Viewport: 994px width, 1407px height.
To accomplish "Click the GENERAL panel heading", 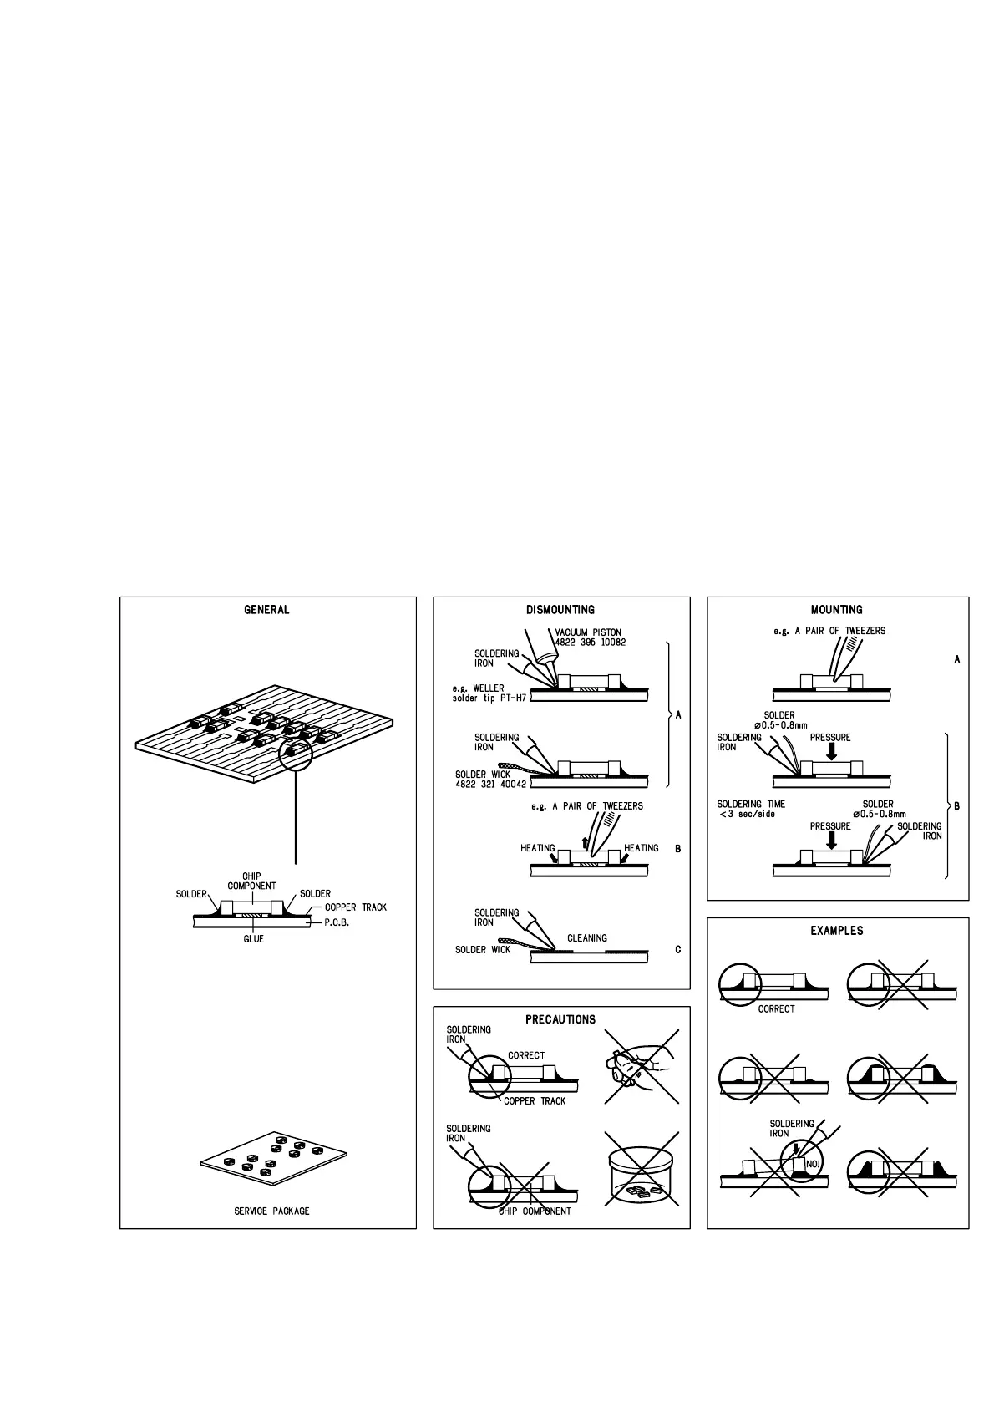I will coord(266,610).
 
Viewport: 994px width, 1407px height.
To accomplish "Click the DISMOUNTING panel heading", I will coord(560,610).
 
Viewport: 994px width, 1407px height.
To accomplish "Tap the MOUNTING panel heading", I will coord(836,610).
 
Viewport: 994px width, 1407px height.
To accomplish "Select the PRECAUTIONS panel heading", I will coord(560,1019).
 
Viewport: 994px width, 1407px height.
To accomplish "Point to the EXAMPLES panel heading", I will coord(836,931).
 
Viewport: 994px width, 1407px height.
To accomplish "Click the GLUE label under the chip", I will coord(253,939).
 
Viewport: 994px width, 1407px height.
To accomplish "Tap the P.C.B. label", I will coord(337,923).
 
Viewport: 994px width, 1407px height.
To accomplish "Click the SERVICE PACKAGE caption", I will coord(271,1211).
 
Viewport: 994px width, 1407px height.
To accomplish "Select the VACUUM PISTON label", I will coord(588,632).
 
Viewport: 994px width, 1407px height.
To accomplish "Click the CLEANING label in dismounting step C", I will coord(587,938).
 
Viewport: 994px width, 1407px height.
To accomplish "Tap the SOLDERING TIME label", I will coord(751,804).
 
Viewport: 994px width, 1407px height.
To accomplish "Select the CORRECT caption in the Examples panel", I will coord(776,1008).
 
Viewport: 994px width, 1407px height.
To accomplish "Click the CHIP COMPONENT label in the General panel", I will coord(251,881).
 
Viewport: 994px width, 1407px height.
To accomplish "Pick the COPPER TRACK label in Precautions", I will coord(535,1101).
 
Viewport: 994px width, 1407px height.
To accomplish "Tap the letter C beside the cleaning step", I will coord(677,949).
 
